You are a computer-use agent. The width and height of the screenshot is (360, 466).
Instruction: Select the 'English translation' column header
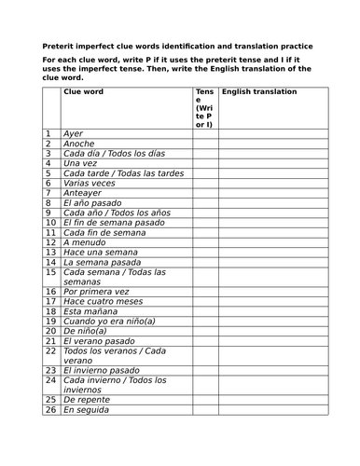click(x=259, y=93)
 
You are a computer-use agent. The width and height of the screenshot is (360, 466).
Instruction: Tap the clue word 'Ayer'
click(x=73, y=134)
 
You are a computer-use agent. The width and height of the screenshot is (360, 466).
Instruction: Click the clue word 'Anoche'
click(x=78, y=145)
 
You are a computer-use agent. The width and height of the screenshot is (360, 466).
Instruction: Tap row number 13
click(x=51, y=253)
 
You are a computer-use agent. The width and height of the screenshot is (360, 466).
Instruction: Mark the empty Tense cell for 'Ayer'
click(x=204, y=134)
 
